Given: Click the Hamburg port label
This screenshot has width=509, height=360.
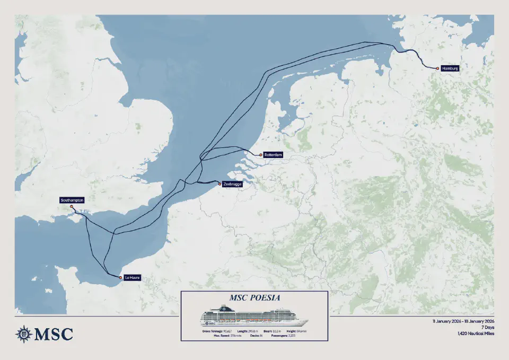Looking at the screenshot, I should [x=449, y=68].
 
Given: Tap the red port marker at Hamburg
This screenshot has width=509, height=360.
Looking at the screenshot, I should [x=437, y=68].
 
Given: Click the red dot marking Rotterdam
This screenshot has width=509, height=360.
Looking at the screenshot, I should [x=260, y=155].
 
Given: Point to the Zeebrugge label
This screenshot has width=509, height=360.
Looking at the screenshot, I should [x=233, y=184].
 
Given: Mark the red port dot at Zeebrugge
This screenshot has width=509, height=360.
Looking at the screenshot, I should [x=220, y=184].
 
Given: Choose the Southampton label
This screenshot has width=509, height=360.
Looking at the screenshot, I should [x=72, y=200].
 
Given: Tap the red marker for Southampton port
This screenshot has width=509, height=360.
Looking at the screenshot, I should [x=72, y=207].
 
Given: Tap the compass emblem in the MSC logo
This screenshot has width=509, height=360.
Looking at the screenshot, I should [x=23, y=333].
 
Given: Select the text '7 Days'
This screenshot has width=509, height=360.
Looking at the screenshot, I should [x=487, y=328].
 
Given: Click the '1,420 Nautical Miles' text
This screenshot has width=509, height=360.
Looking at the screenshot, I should [x=475, y=334].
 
